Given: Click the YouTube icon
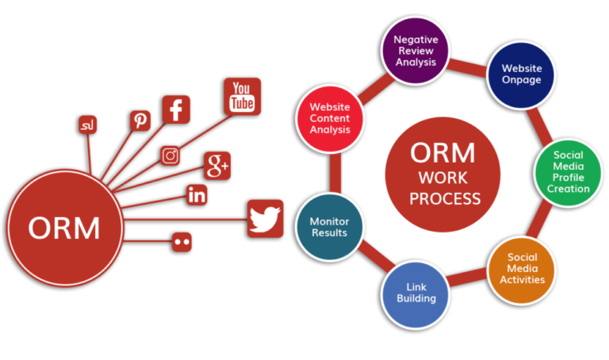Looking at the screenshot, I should coord(242,96).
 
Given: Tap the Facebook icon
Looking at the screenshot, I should coord(176,109).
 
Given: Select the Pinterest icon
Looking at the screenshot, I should coord(140,121).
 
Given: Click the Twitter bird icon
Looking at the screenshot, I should coord(265,218).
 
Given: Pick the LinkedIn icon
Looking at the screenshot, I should coord(197,194).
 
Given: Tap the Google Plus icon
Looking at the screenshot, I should coord(216,166).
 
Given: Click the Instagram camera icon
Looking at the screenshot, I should coord(170,156).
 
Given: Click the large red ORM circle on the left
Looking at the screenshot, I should coord(64,228).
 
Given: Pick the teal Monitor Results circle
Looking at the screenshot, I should coord(329,228).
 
